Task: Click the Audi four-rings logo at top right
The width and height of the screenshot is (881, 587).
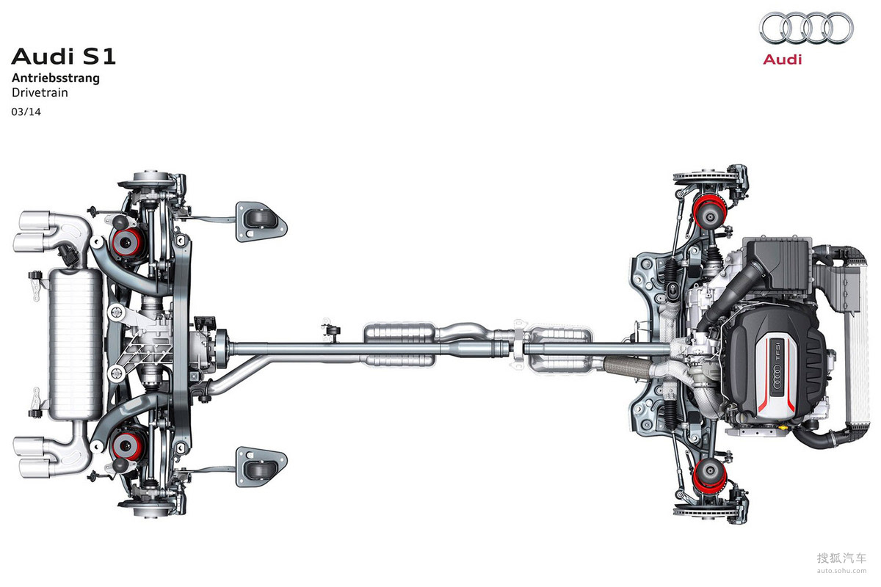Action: [806, 28]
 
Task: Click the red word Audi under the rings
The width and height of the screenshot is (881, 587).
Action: [783, 59]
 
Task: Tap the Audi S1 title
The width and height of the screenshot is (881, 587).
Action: [64, 56]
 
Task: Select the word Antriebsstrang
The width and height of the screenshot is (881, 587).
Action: [56, 79]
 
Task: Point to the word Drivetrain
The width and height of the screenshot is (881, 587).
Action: [40, 92]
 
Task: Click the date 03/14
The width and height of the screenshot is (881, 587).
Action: [26, 112]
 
